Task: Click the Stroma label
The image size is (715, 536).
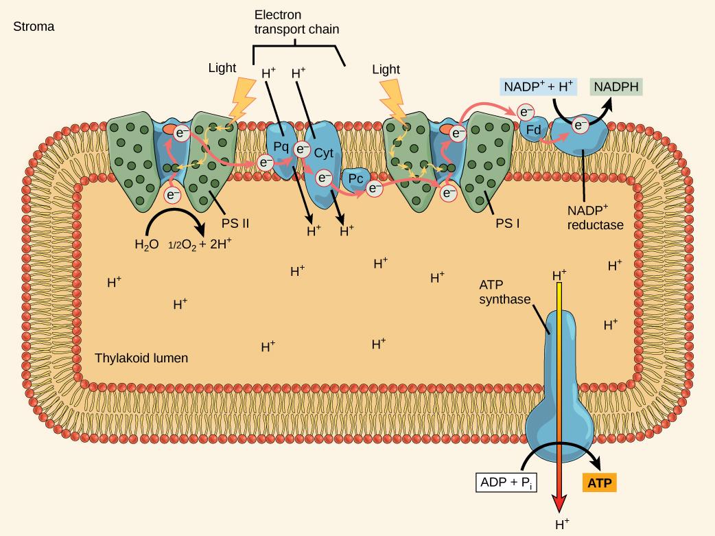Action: tap(38, 27)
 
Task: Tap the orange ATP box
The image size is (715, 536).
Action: tap(600, 483)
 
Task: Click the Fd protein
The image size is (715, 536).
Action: tap(535, 129)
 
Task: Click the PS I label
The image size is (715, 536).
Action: tap(507, 224)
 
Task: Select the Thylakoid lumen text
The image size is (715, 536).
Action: tap(141, 358)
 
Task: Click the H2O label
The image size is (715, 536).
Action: tap(146, 244)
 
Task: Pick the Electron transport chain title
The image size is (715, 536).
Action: tap(296, 22)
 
